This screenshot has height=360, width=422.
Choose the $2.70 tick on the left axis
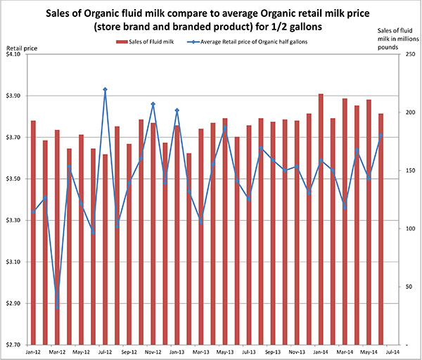click(x=13, y=345)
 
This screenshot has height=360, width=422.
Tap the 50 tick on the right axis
click(x=399, y=287)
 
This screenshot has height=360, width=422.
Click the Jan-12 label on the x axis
click(x=32, y=351)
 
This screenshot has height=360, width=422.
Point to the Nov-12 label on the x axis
click(x=153, y=351)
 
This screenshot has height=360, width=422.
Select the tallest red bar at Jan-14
click(x=321, y=218)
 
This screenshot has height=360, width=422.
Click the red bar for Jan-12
click(x=33, y=232)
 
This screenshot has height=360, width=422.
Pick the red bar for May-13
click(x=224, y=232)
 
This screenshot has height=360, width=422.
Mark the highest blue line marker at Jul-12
click(x=105, y=89)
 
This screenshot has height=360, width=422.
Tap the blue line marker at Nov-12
click(x=153, y=104)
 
